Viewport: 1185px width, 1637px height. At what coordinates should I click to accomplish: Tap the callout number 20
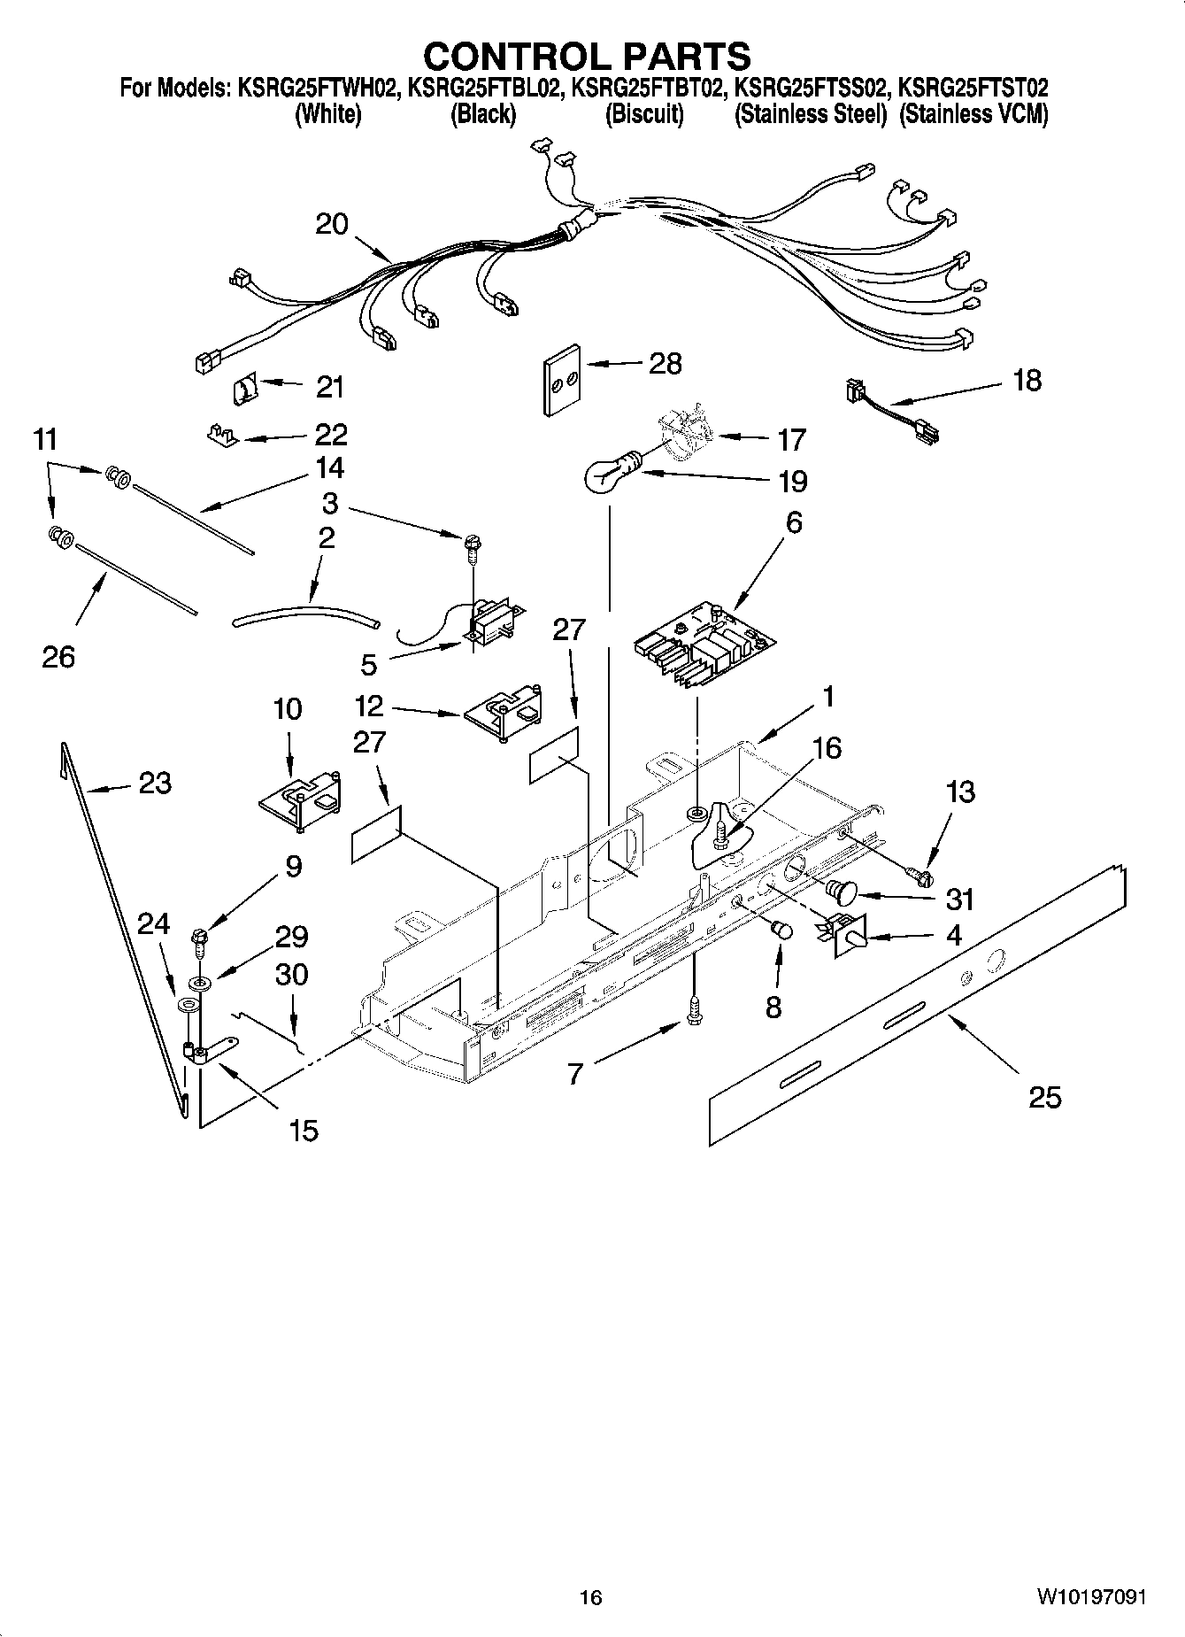tap(332, 224)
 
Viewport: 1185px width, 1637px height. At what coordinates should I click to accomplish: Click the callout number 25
tap(1045, 1098)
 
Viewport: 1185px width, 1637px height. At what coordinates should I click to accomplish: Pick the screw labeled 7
tap(695, 1009)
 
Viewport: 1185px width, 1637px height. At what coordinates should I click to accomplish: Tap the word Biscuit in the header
tap(644, 114)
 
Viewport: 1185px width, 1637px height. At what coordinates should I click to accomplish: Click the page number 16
tap(590, 1596)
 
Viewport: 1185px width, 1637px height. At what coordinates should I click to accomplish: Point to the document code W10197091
tap(1092, 1596)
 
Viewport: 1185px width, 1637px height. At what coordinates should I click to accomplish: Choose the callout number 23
tap(155, 783)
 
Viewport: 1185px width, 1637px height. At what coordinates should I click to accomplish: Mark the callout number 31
tap(959, 900)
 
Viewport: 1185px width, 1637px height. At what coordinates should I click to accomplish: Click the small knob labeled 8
tap(781, 930)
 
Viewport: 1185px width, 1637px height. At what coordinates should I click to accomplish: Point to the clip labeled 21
tap(244, 387)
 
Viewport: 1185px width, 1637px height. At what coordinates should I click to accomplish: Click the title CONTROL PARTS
tap(587, 56)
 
